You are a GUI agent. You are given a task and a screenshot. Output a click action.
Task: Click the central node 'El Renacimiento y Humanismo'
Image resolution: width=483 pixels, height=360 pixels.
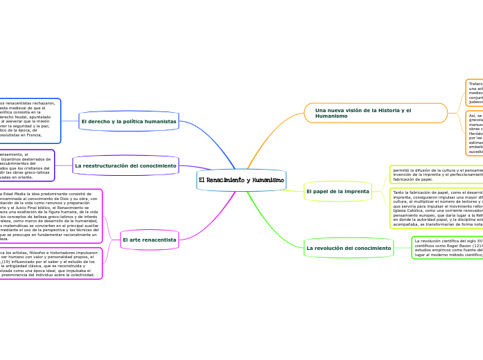[241, 180]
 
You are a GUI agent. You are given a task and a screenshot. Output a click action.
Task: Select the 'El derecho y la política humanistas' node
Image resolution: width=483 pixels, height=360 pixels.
[128, 121]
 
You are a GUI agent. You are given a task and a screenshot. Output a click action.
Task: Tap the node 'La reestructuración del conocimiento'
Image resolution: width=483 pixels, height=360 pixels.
[125, 166]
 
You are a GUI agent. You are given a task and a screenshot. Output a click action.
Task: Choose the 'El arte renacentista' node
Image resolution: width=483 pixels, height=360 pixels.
[149, 240]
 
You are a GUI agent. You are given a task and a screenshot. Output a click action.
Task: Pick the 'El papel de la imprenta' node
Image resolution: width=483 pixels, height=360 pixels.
[337, 191]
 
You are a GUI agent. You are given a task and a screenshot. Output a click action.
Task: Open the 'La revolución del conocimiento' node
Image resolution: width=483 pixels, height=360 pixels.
[349, 248]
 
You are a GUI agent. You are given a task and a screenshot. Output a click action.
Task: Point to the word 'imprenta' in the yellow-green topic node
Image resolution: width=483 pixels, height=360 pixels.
[356, 191]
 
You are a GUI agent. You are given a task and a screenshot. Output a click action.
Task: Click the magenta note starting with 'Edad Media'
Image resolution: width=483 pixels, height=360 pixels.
[50, 216]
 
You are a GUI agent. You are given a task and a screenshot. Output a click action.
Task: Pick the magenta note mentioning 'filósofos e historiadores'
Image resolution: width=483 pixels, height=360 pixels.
[50, 264]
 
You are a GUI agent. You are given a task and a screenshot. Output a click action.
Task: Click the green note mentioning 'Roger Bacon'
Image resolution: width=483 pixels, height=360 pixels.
[448, 248]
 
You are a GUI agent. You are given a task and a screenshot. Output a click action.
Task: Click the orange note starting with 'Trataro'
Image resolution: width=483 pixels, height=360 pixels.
[475, 92]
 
